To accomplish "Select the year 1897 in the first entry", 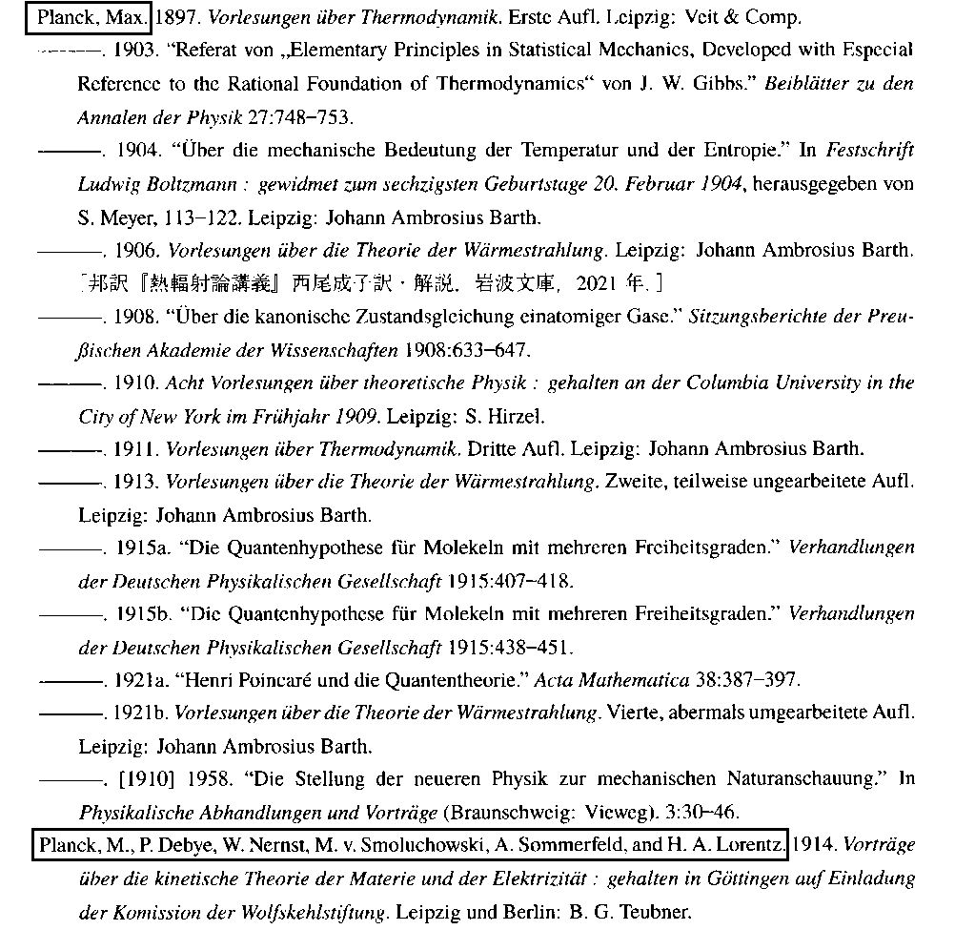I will (172, 18).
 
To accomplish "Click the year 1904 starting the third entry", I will (133, 151).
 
